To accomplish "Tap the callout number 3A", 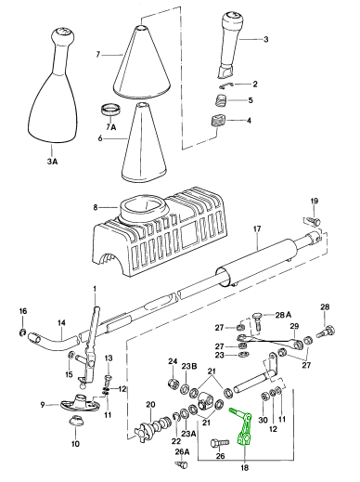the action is tap(52, 162).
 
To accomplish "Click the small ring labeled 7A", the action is tap(111, 111).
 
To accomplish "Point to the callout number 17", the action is tap(257, 228).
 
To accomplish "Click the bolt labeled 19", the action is tap(313, 221).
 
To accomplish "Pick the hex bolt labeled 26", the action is tap(219, 443).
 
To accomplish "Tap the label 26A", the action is tap(182, 452).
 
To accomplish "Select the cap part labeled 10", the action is tap(75, 422).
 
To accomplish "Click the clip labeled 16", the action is tap(22, 332).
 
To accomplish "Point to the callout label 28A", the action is tap(283, 315).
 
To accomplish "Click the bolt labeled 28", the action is tap(326, 332).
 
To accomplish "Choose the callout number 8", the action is tap(96, 207).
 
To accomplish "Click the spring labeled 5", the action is tap(222, 100).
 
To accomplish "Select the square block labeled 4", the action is tap(218, 121).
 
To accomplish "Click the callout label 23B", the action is tap(189, 366).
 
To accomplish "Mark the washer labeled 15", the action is tap(71, 355).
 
